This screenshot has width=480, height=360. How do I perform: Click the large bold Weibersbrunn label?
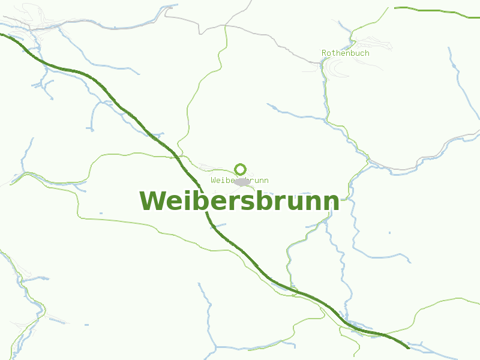tap(239, 201)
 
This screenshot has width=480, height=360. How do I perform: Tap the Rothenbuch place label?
tap(345, 53)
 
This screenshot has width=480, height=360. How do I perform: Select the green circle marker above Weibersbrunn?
tap(241, 169)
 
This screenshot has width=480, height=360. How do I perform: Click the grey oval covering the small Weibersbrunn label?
tap(242, 181)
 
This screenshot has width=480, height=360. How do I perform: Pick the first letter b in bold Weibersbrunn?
tap(196, 201)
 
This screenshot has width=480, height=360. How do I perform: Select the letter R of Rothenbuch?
tap(324, 53)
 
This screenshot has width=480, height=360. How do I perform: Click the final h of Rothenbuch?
tap(367, 53)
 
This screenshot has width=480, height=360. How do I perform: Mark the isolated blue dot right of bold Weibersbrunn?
tap(389, 232)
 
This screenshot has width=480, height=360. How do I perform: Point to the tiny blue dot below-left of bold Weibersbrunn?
tap(101, 213)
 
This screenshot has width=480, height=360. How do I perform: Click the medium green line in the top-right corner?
tap(432, 10)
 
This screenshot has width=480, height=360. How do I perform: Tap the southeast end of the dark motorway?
tap(408, 347)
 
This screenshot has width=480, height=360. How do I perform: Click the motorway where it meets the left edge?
tap(2, 34)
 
